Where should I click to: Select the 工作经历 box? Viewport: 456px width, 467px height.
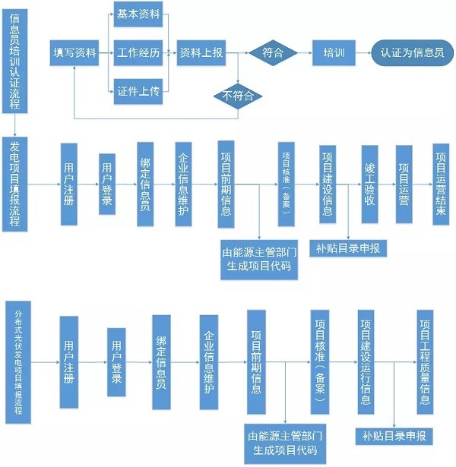point(138,53)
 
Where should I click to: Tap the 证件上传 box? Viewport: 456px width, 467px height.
point(138,91)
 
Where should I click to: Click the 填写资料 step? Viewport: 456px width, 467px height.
point(74,53)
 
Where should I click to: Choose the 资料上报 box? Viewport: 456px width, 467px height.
point(201,53)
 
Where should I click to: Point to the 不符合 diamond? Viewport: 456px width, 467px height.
point(238,96)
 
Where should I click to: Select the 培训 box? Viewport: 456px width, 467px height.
point(334,53)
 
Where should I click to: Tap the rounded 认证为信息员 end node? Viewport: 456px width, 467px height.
point(413,53)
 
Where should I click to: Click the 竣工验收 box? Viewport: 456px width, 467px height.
point(369,184)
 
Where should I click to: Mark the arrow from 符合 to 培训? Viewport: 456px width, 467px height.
point(305,53)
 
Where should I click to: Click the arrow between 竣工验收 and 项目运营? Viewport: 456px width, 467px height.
point(388,184)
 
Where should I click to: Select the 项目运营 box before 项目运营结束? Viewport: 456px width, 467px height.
point(404,184)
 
